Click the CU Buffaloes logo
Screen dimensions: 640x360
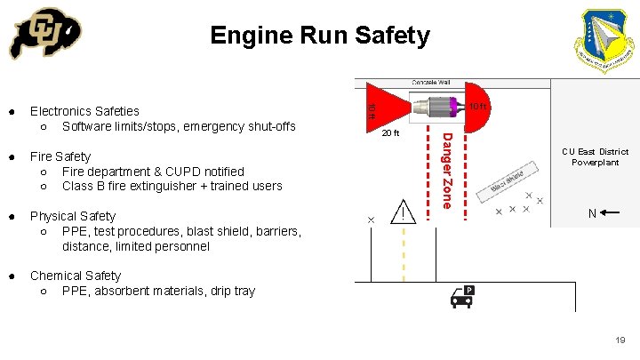coord(44,36)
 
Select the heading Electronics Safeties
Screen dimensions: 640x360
coord(84,111)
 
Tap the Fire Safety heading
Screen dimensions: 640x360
coord(60,156)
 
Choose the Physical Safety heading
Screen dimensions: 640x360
coord(73,216)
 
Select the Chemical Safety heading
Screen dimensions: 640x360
coord(76,276)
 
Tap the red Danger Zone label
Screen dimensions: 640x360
coord(448,170)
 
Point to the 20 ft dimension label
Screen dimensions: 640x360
coord(390,134)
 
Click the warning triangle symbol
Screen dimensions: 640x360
coord(405,212)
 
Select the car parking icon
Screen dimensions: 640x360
coord(461,296)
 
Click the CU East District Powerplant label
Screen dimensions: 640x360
coord(595,157)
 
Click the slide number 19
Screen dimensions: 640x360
coord(620,340)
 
